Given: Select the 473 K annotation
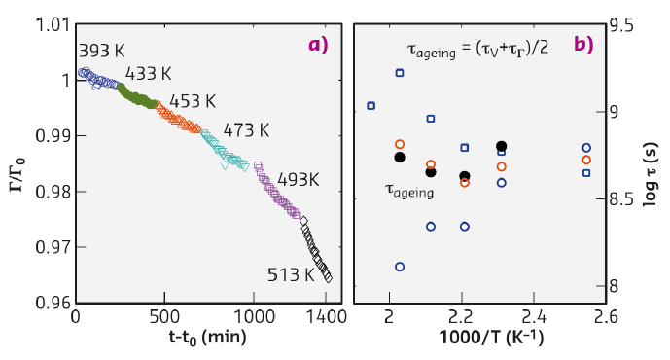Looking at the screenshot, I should coord(245,129).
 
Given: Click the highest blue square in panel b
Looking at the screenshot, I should coord(400,73).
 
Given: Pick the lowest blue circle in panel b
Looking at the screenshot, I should coord(400,266).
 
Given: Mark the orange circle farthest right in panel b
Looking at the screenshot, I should coord(585,160).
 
